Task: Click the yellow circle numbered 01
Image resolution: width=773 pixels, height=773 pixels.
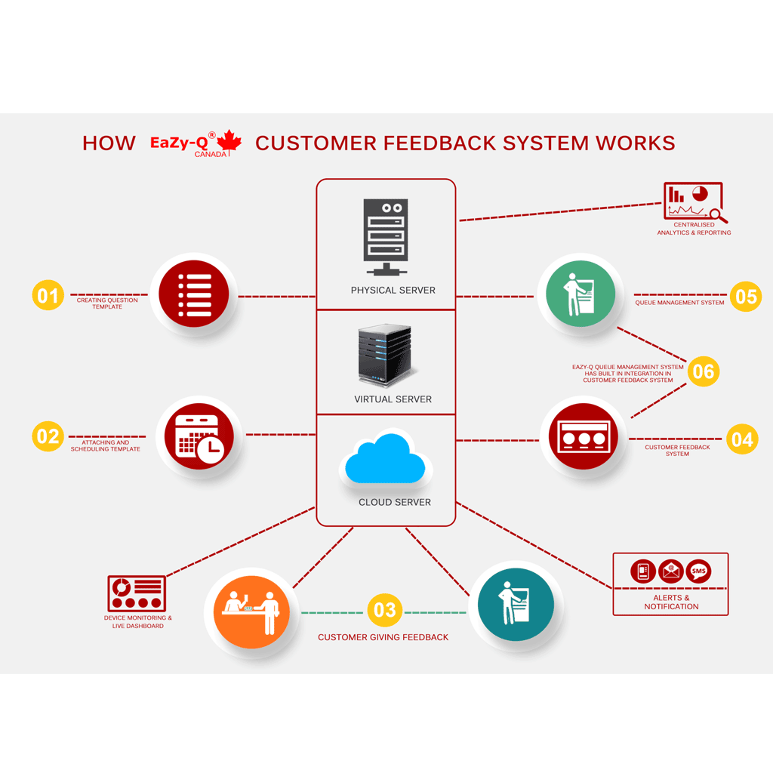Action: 48,295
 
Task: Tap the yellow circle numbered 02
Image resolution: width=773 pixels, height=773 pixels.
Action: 48,436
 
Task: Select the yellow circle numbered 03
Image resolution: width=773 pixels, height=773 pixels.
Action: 384,610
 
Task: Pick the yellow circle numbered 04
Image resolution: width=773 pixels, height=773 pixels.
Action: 742,439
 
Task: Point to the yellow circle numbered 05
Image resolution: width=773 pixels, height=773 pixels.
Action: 745,296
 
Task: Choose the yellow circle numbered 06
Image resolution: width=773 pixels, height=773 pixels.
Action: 702,371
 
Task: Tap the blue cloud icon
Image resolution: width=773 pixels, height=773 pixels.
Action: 384,457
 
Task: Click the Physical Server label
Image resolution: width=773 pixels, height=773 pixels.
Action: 393,290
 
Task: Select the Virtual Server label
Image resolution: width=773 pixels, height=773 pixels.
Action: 393,399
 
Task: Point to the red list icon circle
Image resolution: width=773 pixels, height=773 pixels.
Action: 193,294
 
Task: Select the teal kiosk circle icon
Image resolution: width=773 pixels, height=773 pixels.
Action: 516,605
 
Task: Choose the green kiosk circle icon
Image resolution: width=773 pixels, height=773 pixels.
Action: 580,294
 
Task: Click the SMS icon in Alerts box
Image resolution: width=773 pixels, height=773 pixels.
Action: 698,571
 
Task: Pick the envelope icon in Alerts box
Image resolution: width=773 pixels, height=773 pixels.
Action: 670,571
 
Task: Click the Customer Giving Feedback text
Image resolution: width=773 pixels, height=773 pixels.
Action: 383,637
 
